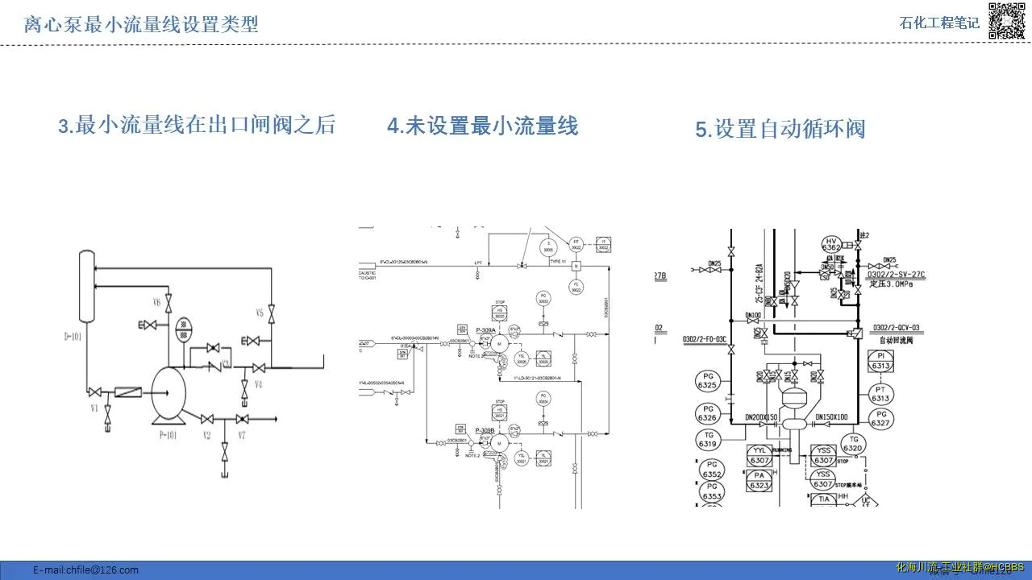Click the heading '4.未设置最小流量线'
pos(482,126)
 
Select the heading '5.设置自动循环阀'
pos(780,129)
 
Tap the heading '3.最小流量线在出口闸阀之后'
pos(196,126)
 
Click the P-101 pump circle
pos(168,393)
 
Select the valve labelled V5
pos(272,313)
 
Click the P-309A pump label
pos(485,330)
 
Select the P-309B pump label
pos(485,431)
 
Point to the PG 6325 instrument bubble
pos(707,381)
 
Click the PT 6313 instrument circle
pos(880,393)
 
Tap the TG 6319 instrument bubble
pos(708,440)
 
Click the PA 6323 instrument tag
pos(759,481)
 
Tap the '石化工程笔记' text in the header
pos(939,23)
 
